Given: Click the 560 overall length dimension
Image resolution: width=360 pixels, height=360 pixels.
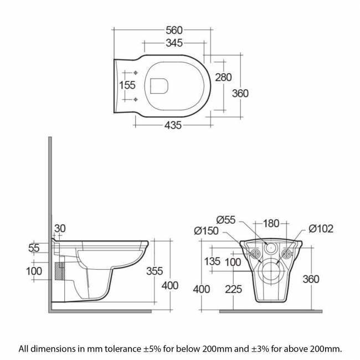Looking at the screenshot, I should [174, 30].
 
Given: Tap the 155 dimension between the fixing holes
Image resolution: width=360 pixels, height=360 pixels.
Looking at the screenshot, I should [128, 85].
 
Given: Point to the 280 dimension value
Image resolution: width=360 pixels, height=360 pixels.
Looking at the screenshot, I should [223, 78].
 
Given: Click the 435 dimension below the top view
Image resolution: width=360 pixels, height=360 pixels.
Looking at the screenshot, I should [173, 125].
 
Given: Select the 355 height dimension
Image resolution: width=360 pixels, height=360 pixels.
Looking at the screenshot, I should [153, 271].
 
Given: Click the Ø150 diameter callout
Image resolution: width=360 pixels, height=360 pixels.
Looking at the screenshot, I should [207, 231].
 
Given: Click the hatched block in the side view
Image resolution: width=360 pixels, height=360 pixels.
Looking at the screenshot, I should [61, 271].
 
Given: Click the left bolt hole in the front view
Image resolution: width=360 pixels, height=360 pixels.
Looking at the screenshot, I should [256, 254].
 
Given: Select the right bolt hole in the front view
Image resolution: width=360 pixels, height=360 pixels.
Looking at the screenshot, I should [286, 254].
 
